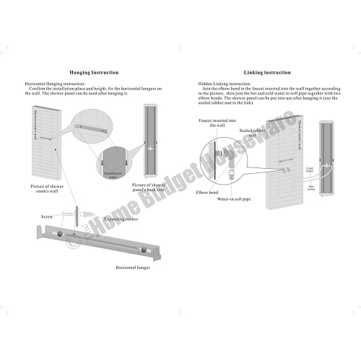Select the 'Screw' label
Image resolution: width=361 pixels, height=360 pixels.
(47, 215)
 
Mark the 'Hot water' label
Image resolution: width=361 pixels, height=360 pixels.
(311, 188)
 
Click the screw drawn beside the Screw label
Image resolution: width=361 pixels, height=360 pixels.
(74, 214)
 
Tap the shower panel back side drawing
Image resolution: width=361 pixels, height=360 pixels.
(152, 141)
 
